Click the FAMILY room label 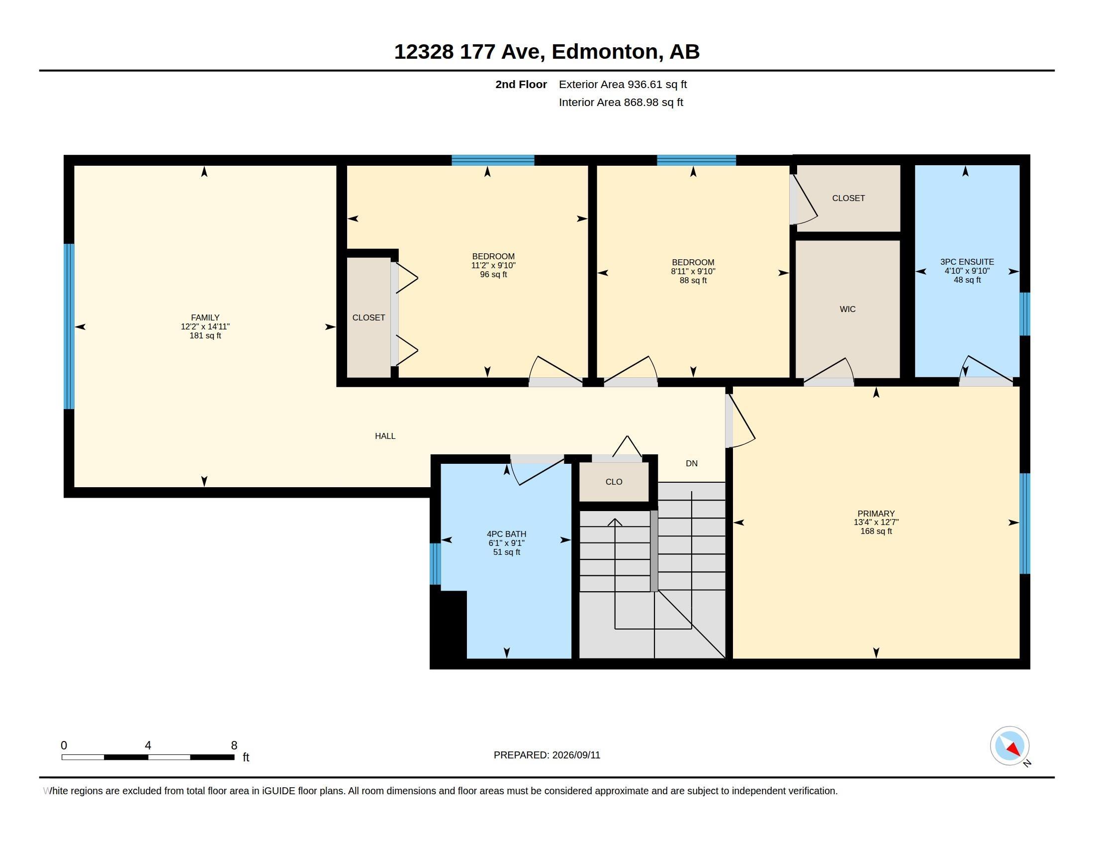[x=205, y=317]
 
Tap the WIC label [x=847, y=309]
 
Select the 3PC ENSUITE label [x=967, y=262]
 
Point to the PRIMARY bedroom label [x=876, y=513]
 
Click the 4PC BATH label [x=506, y=534]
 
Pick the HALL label [x=385, y=436]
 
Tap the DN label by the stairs [x=692, y=464]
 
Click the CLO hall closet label [x=614, y=482]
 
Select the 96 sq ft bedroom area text [x=493, y=275]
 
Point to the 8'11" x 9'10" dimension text [x=693, y=272]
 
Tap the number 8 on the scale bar [x=234, y=745]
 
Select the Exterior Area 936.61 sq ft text [x=623, y=85]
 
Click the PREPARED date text [x=547, y=755]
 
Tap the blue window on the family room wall [x=69, y=326]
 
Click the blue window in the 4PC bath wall [x=435, y=564]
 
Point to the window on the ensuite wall [x=1025, y=314]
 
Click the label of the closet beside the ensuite [x=848, y=199]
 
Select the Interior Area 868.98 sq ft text [x=621, y=103]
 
